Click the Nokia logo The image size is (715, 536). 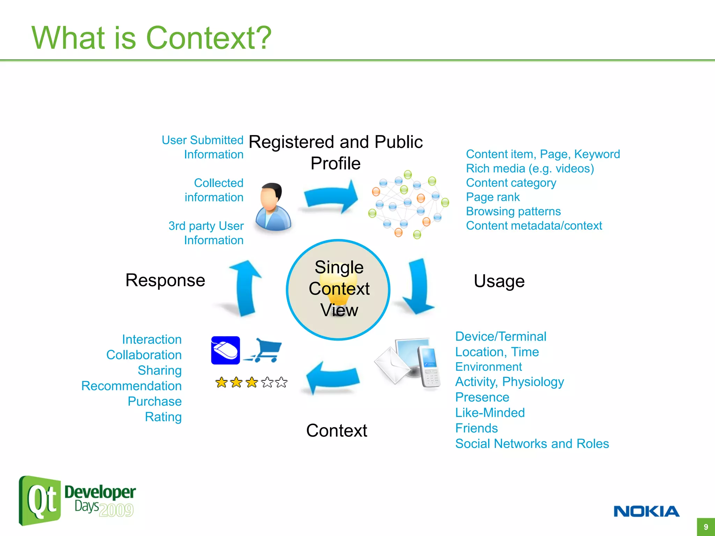[x=646, y=511]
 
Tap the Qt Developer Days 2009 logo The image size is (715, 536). [x=77, y=500]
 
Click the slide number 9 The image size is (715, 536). [x=706, y=527]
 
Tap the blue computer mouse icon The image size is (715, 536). [x=226, y=350]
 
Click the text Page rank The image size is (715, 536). [x=493, y=197]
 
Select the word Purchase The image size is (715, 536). [x=155, y=401]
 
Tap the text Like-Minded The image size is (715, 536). [x=490, y=413]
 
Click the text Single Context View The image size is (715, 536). [x=339, y=289]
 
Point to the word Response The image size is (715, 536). [x=165, y=280]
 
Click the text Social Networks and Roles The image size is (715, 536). [x=532, y=444]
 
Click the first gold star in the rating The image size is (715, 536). [x=221, y=382]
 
